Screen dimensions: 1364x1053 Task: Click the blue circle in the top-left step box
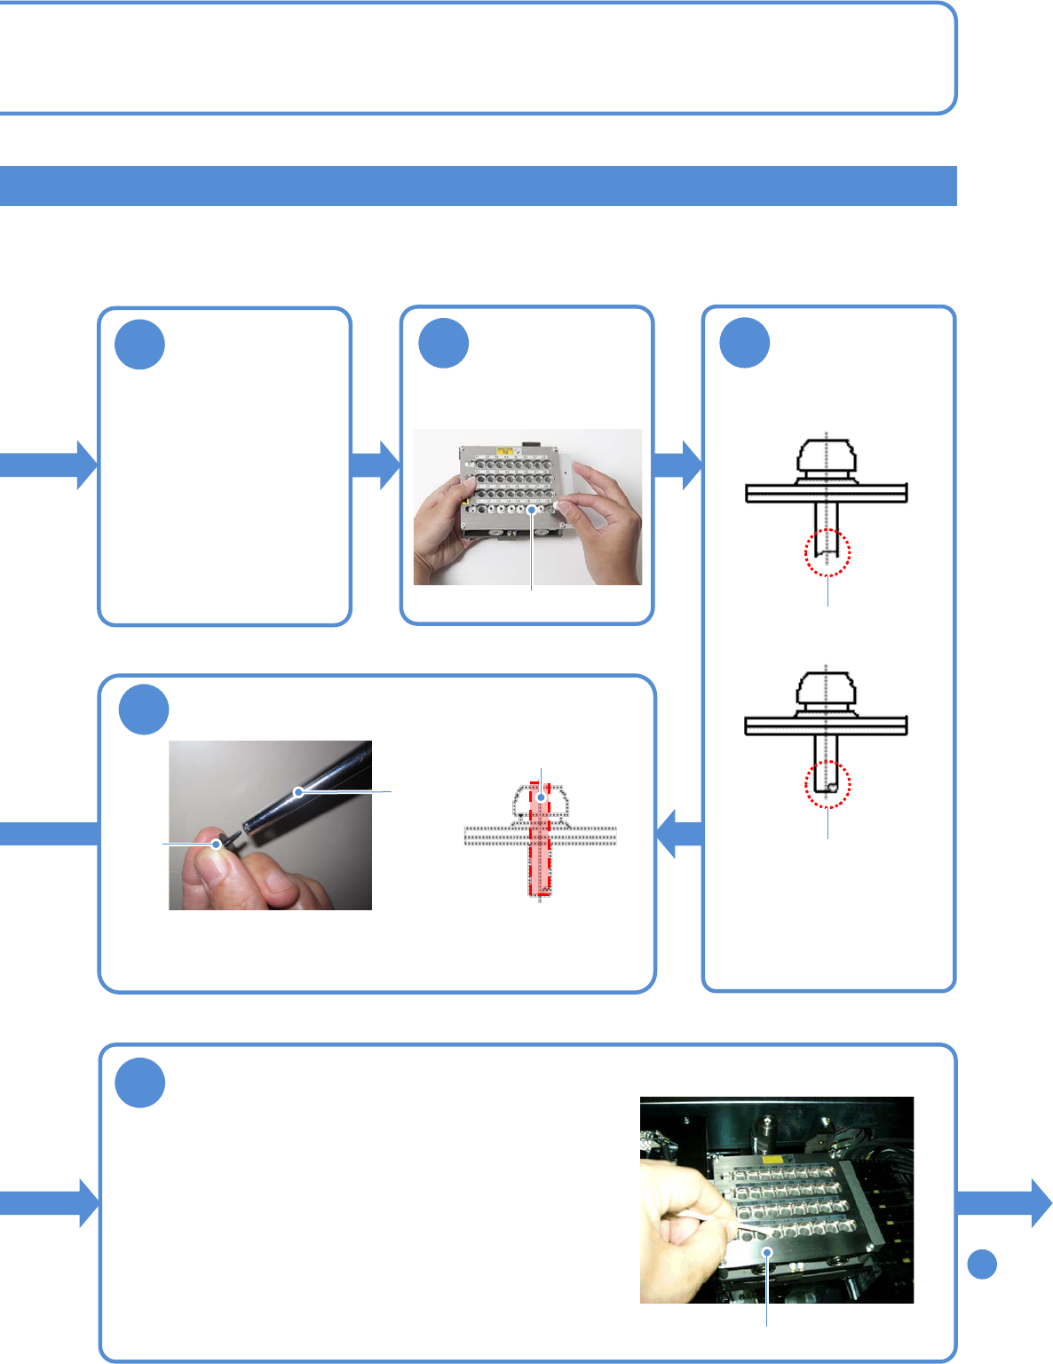(139, 345)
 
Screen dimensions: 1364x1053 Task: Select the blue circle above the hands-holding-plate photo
(443, 343)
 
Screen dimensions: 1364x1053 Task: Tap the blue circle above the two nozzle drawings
(744, 342)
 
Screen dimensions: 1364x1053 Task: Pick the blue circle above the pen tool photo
(143, 710)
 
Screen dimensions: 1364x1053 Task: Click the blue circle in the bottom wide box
(139, 1082)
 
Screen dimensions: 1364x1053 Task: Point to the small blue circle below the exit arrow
(981, 1264)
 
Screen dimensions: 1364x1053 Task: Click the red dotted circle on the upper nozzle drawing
(827, 552)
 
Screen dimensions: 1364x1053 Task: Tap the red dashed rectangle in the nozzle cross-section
(540, 839)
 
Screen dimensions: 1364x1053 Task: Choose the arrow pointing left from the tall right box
(678, 834)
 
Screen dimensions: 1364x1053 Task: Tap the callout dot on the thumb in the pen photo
(216, 845)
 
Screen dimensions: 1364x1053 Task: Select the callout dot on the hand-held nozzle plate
(531, 510)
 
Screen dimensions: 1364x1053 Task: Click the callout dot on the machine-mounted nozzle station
(766, 1252)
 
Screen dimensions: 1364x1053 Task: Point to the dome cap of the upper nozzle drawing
(826, 455)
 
